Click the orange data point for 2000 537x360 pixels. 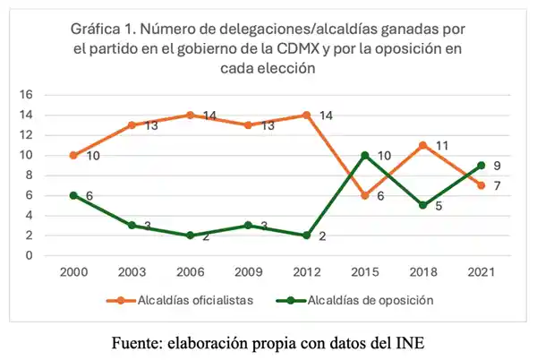click(72, 155)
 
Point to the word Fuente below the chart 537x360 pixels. click(137, 342)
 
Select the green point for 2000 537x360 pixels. click(72, 195)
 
